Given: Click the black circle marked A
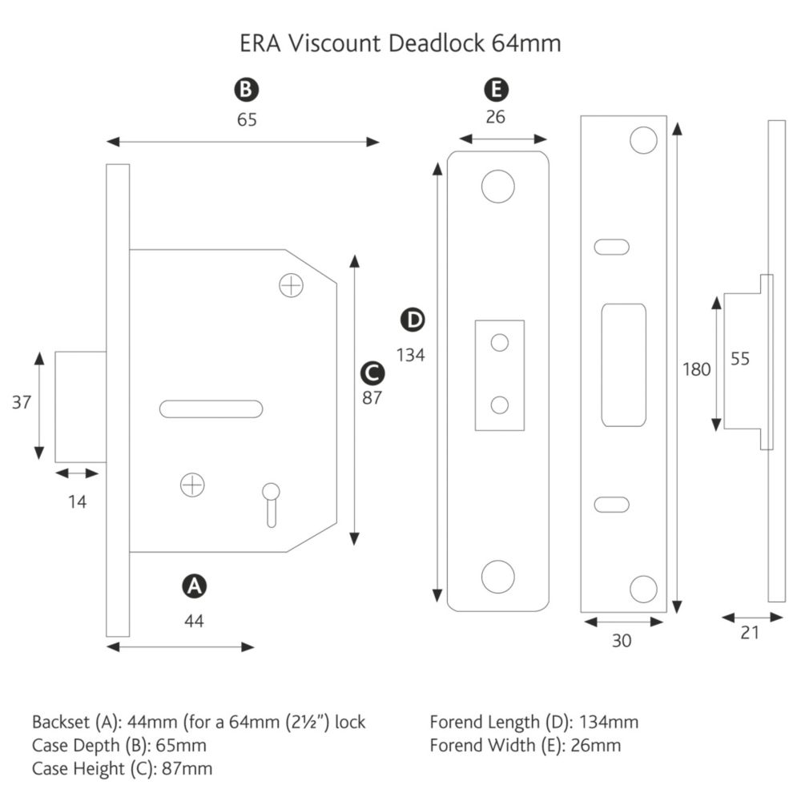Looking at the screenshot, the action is [194, 586].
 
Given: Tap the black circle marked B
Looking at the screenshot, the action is [246, 90].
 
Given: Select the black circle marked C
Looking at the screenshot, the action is [372, 373].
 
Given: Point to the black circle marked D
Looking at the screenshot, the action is [413, 320].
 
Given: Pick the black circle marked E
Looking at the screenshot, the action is [496, 90].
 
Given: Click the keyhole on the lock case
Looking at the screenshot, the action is [272, 505].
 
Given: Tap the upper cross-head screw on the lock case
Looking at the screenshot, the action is [292, 286].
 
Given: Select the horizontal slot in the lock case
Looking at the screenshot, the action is [211, 409].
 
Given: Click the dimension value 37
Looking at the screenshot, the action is [22, 403].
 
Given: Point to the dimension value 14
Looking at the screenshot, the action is [77, 502].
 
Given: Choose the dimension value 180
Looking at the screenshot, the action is [697, 369].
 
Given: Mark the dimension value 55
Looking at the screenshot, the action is [739, 359].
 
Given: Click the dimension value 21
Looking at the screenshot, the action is [750, 633].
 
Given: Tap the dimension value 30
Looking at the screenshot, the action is [622, 641].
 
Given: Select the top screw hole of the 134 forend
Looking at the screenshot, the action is [498, 187].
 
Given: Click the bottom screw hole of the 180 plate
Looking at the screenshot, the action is [644, 589].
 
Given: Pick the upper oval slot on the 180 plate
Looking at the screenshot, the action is [611, 248].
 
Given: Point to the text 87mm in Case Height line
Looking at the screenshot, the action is [187, 769].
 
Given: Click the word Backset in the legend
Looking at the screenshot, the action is [61, 723].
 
